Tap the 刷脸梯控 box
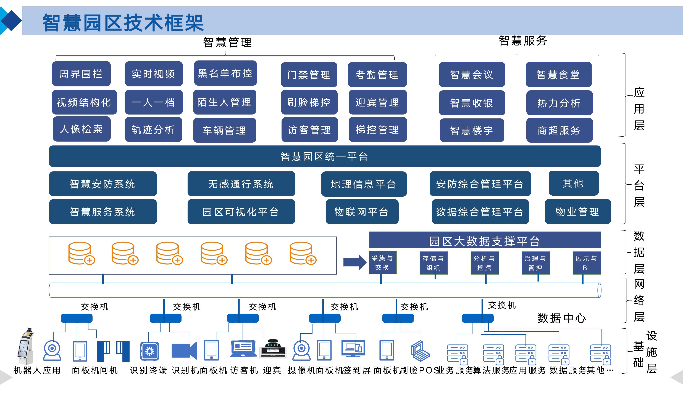coord(309,102)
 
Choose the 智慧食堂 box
coord(558,75)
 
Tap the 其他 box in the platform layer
coord(573,183)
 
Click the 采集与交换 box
coord(382,263)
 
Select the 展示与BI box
coord(586,263)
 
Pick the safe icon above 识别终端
coord(149,351)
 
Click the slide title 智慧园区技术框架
coord(123,23)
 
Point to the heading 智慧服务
coord(523,41)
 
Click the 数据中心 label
coord(561,318)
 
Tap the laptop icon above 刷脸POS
coord(420,351)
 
